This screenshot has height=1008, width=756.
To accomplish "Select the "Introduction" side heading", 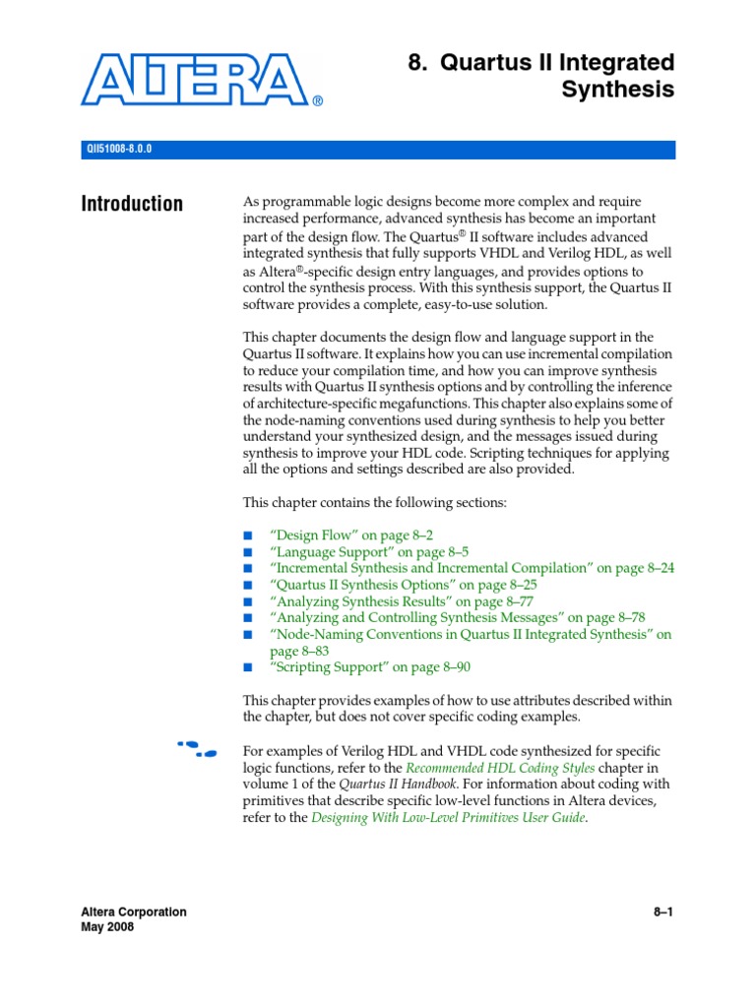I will click(x=132, y=204).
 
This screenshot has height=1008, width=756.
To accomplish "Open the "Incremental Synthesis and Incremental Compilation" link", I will click(x=472, y=568).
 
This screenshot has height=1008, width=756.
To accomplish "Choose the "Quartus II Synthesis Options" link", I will click(x=385, y=585).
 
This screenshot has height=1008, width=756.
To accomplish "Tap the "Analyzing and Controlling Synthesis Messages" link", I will click(x=457, y=618).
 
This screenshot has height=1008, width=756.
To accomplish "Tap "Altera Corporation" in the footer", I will click(x=133, y=912).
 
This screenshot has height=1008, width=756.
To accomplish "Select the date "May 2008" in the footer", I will click(x=107, y=927).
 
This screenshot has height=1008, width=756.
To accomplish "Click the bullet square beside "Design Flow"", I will click(x=248, y=535).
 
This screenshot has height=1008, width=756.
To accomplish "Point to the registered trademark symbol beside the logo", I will click(x=318, y=101).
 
